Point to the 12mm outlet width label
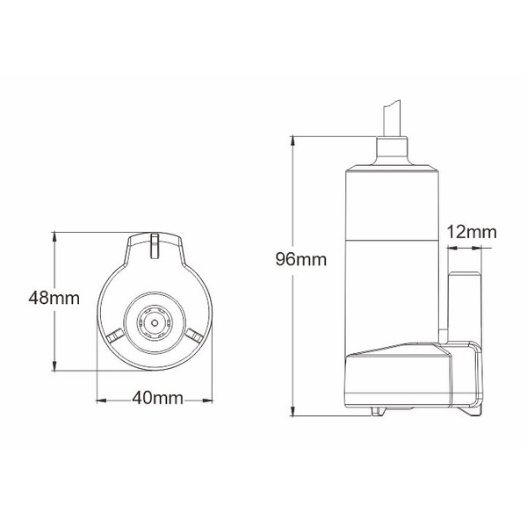[471, 233]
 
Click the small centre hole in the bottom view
[155, 321]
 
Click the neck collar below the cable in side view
[393, 154]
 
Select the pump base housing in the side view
[413, 378]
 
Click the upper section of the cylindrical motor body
[393, 202]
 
